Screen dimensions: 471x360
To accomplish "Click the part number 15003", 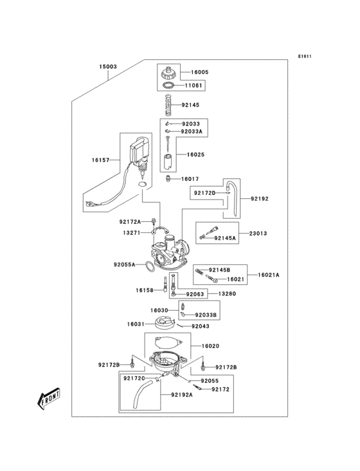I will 107,67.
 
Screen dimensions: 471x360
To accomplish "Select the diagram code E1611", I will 304,56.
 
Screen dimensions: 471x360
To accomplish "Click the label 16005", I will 199,73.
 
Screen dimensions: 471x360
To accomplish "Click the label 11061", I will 195,85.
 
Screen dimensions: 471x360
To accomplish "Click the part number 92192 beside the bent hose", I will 260,199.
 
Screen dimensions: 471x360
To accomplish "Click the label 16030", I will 159,311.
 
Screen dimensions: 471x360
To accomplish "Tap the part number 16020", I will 210,346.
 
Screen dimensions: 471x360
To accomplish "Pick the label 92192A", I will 183,394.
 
